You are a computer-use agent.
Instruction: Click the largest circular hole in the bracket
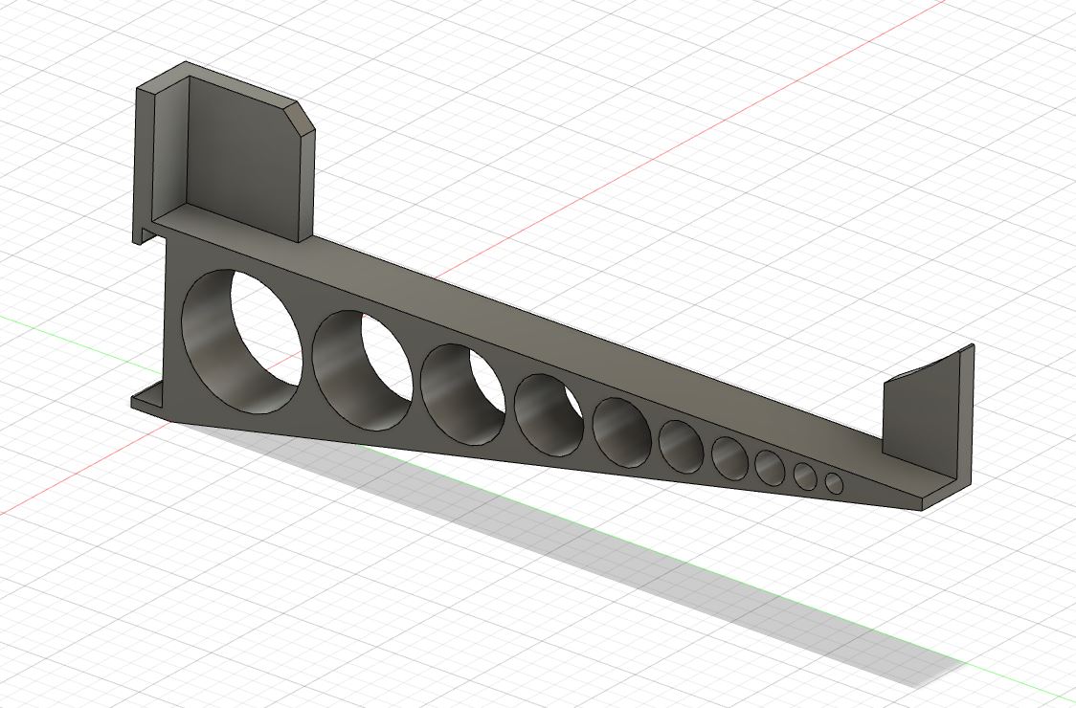coord(241,342)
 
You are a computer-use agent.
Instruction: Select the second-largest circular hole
coord(362,369)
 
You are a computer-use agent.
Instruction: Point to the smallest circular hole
coord(834,484)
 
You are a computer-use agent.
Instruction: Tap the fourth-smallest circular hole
coord(729,457)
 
